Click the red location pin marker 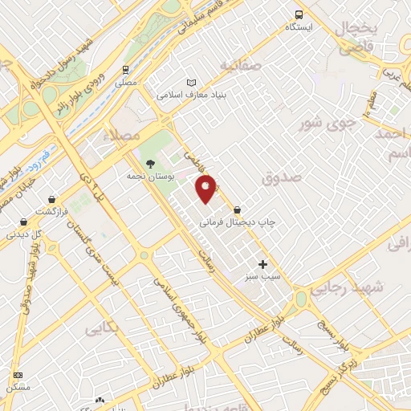point(206,188)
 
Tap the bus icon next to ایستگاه point(299,14)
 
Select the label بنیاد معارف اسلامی point(190,95)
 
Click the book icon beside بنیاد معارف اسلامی point(190,83)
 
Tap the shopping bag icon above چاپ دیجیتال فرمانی point(236,210)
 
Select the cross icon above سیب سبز point(263,264)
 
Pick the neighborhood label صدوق point(282,178)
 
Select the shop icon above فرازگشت point(52,198)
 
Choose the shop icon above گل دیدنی point(23,222)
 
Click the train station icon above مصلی point(125,70)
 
